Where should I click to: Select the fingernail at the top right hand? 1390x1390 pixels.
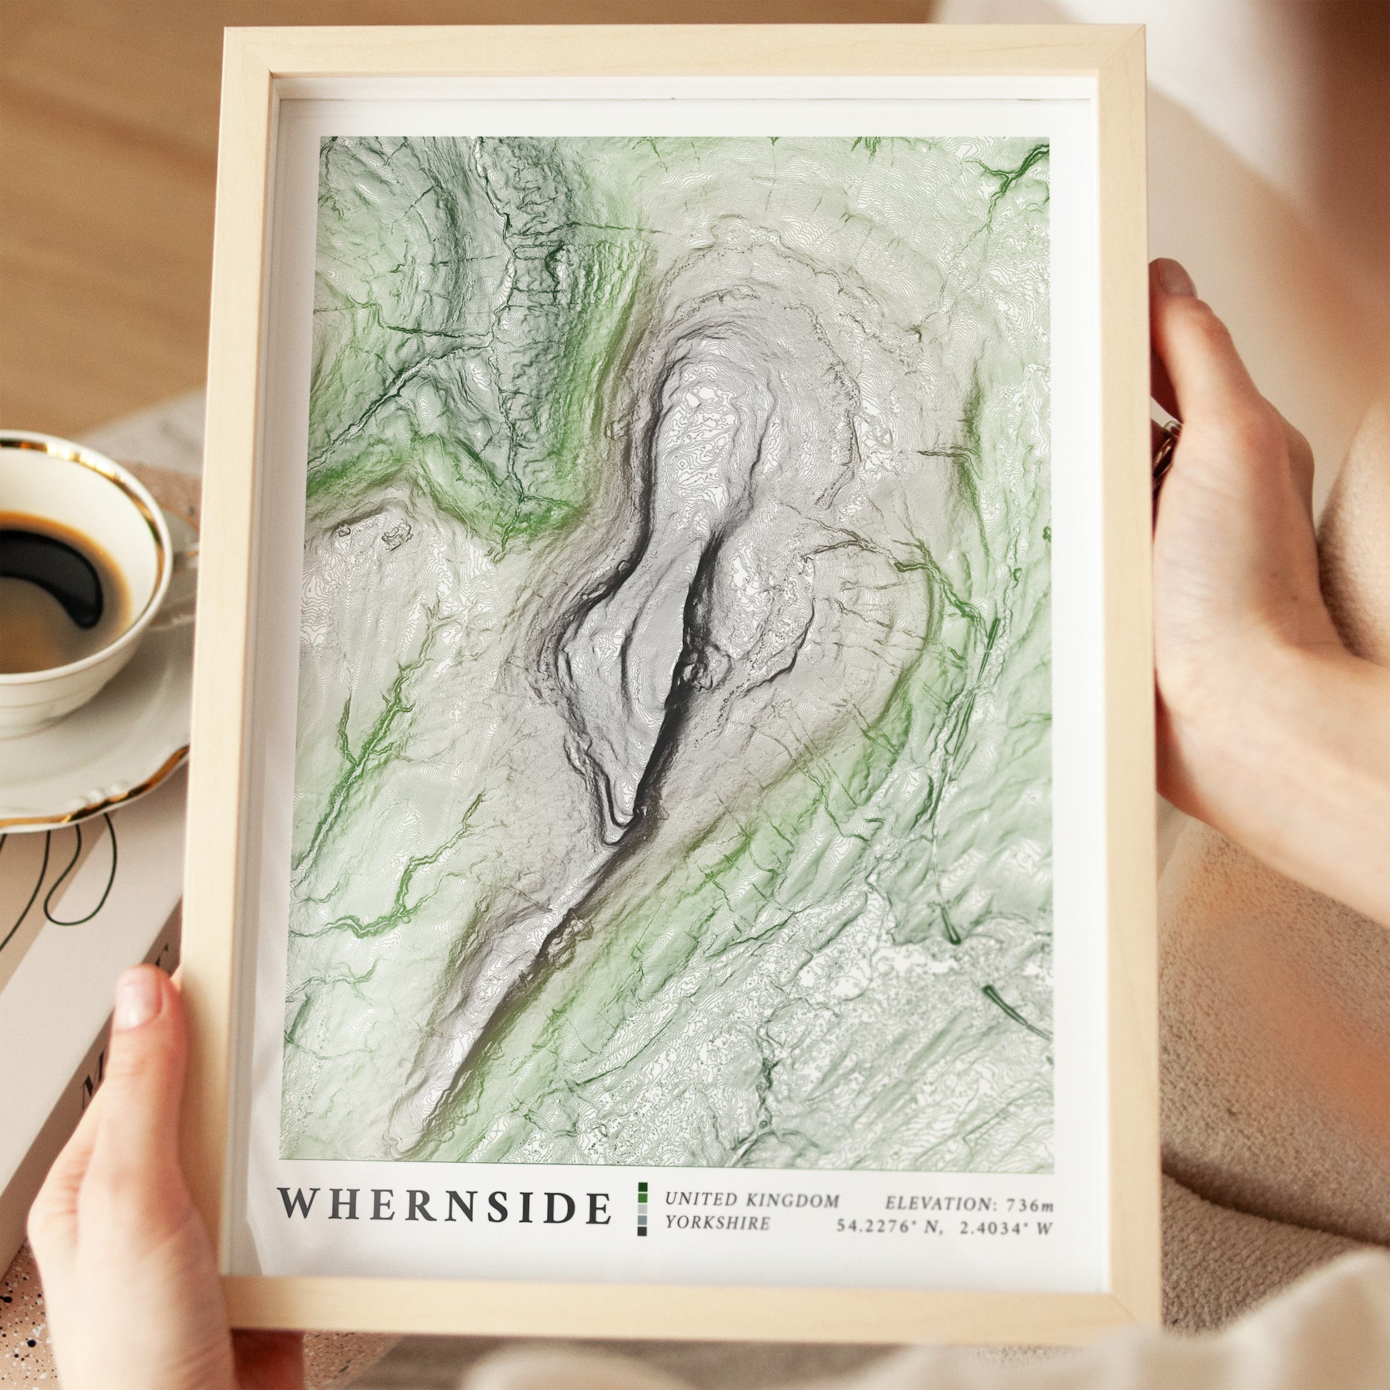1174,276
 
